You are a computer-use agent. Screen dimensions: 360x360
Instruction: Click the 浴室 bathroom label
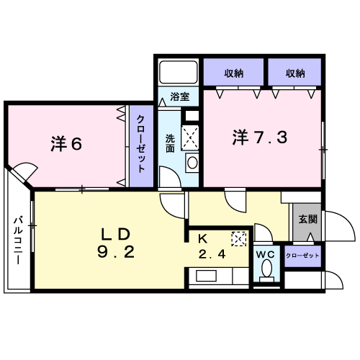tap(180, 96)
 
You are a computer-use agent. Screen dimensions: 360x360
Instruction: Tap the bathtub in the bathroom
tap(179, 72)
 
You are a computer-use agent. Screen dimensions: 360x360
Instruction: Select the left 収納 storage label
tap(234, 73)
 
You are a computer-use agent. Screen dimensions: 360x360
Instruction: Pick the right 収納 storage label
tap(295, 73)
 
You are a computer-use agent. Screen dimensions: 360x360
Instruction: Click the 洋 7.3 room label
tap(260, 138)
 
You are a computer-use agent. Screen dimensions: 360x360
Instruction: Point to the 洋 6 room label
tap(66, 144)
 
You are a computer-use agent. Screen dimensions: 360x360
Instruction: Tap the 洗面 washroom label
tap(170, 143)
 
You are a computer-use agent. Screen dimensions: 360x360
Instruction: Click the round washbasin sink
tap(192, 163)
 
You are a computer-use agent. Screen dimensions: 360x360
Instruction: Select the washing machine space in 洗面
tap(190, 138)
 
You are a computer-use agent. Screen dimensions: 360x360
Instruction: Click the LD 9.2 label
tap(116, 243)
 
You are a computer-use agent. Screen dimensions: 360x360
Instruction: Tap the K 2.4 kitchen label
tap(212, 247)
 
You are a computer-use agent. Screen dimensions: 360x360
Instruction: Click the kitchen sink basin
tap(207, 276)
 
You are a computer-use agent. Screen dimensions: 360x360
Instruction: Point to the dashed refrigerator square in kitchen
tap(239, 239)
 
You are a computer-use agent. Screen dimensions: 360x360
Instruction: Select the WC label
tap(265, 254)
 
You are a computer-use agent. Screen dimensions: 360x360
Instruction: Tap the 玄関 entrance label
tap(307, 219)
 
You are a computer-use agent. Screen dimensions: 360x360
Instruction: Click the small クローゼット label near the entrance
tap(302, 256)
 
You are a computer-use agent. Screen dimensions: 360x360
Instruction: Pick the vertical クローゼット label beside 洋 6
tap(141, 143)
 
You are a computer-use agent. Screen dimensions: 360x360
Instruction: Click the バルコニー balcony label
tap(18, 240)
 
